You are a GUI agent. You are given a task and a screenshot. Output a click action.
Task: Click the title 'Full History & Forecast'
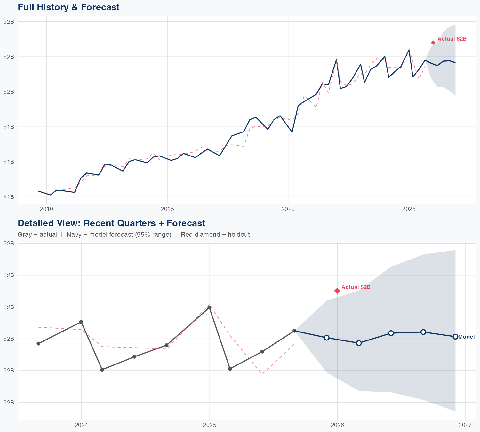68,7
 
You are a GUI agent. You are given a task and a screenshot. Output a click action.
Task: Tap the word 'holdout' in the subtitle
238,235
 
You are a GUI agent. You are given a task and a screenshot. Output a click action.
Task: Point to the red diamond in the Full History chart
433,43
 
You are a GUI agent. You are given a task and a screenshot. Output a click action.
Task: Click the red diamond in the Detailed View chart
337,291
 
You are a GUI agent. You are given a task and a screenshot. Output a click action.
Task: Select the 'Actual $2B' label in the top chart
452,39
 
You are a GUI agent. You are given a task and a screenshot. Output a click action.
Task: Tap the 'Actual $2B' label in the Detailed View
356,287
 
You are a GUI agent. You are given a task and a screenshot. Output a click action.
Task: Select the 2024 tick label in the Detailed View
81,425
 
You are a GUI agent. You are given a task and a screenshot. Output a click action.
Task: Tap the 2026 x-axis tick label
337,425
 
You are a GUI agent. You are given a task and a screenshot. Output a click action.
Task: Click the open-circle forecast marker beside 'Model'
455,337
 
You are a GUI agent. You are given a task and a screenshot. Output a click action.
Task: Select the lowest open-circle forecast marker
359,343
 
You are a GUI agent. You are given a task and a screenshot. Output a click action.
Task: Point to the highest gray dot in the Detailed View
209,308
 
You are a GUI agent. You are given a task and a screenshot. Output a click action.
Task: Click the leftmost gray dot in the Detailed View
38,343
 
